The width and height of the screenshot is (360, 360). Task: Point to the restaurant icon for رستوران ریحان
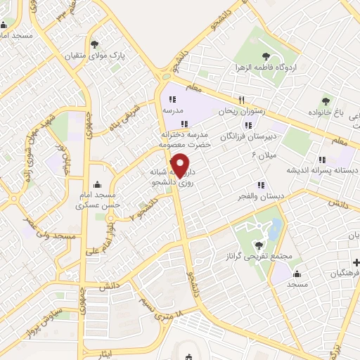click(x=241, y=100)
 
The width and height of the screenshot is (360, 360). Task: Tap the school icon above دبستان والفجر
click(x=261, y=186)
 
